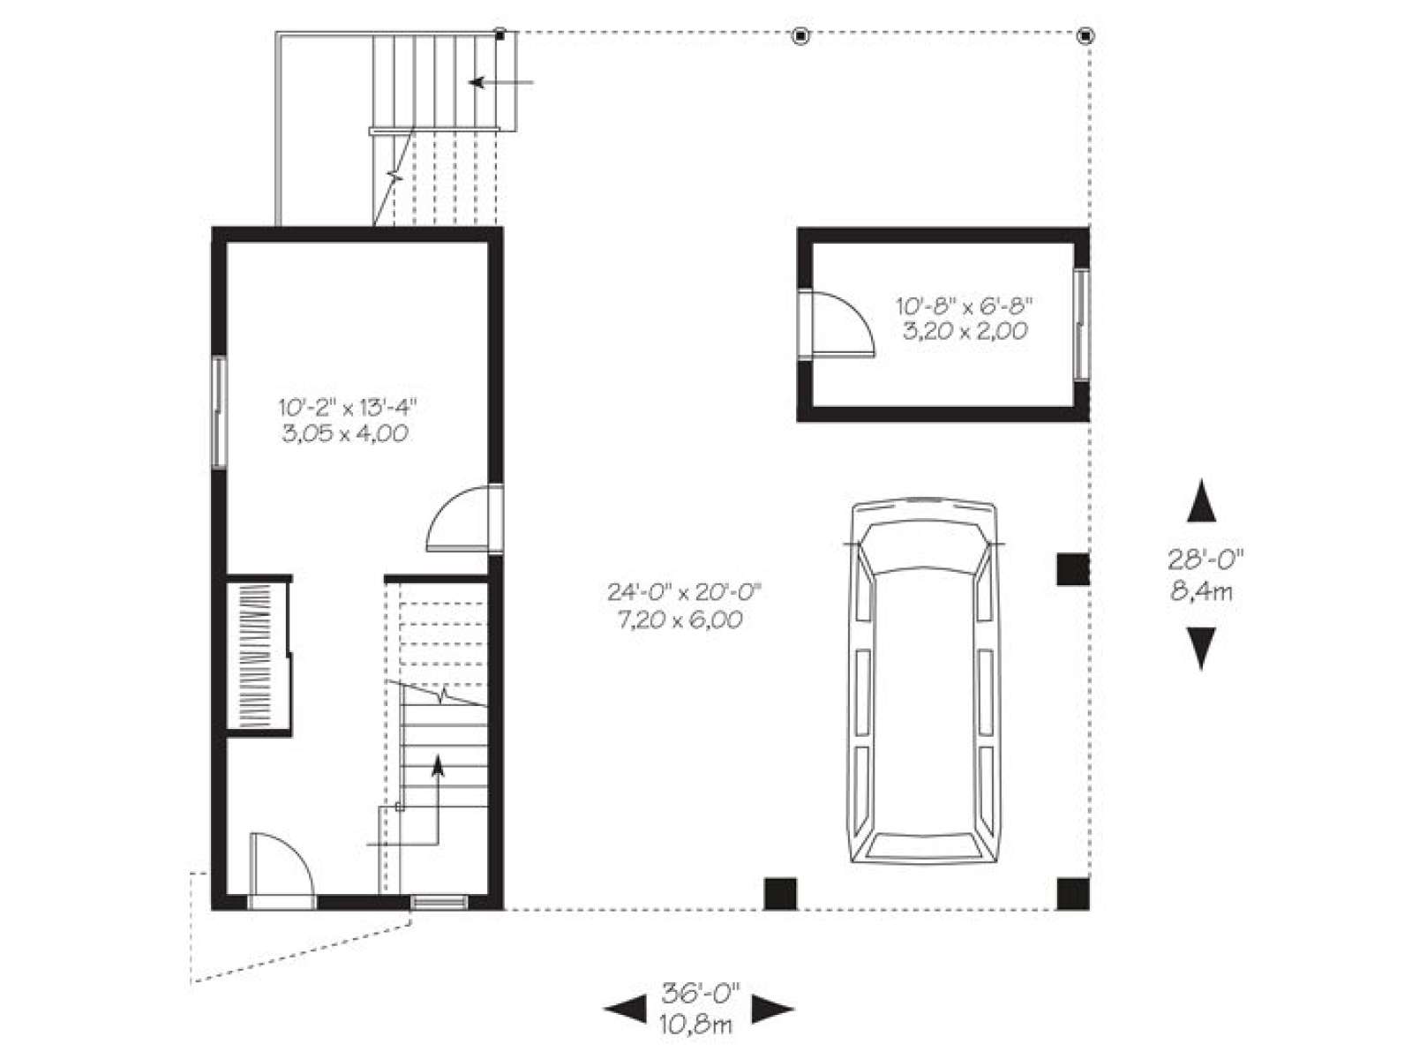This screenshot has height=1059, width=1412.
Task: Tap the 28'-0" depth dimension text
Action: pyautogui.click(x=1201, y=559)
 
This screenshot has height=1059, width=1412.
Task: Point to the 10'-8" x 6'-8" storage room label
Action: pyautogui.click(x=965, y=305)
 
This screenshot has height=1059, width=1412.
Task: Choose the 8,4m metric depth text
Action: pyautogui.click(x=1201, y=590)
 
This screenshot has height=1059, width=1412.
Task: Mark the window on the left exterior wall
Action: pyautogui.click(x=220, y=412)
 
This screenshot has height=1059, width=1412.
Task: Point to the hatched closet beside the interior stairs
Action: pyautogui.click(x=258, y=655)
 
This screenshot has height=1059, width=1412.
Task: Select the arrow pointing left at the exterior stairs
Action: pyautogui.click(x=501, y=82)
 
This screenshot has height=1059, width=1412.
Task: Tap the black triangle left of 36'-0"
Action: pyautogui.click(x=626, y=1009)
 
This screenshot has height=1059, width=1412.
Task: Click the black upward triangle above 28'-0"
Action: pyautogui.click(x=1201, y=500)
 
